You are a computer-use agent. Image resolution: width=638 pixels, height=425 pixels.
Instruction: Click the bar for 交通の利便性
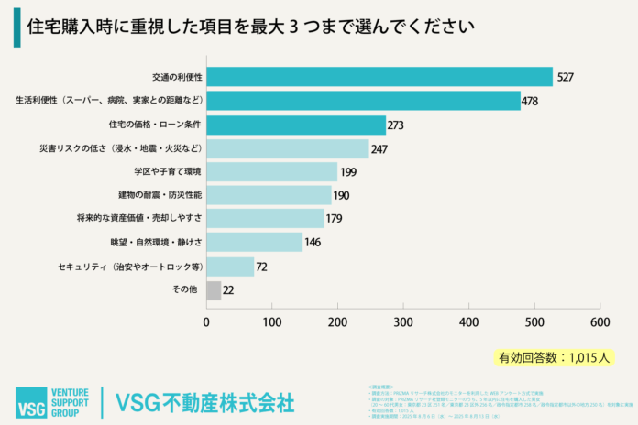(x=379, y=76)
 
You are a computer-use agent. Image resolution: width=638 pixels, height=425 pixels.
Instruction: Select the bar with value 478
(x=363, y=100)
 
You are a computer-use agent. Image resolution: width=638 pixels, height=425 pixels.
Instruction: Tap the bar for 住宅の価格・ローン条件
(x=295, y=124)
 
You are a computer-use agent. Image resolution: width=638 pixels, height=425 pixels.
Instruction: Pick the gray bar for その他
(x=213, y=290)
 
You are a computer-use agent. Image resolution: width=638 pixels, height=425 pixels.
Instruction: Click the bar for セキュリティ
(x=229, y=267)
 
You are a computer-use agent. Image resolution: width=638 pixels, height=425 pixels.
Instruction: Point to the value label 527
(x=566, y=77)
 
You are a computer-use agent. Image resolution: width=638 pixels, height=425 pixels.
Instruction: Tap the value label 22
(x=229, y=290)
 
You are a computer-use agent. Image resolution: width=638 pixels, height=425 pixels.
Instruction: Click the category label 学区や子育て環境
(x=167, y=171)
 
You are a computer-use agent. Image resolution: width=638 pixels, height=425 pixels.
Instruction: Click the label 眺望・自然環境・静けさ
(x=156, y=243)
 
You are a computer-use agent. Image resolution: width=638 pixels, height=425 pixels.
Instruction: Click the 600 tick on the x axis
(x=600, y=321)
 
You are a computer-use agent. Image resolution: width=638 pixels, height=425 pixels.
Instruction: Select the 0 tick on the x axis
(x=206, y=321)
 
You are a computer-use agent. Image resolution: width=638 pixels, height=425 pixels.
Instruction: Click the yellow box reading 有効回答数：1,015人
(x=555, y=356)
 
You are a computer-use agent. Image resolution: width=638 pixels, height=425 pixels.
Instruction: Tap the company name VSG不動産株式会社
(x=204, y=401)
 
